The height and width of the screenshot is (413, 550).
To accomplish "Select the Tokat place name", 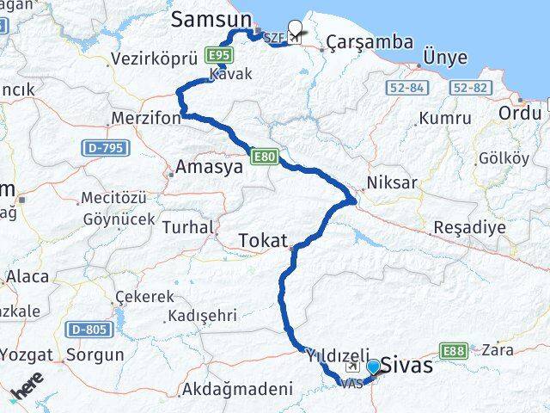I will pos(263,240).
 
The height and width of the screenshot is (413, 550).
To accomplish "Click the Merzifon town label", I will pos(146,118).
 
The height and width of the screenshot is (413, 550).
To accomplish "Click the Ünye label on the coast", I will pos(445,58).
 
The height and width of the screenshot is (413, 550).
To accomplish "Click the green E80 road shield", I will pos(264,156).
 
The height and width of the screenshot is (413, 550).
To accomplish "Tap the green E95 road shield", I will pos(219,54).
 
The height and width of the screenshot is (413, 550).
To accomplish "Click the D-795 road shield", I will pos(101,148).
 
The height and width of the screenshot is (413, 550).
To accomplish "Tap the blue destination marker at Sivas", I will pos(373,367).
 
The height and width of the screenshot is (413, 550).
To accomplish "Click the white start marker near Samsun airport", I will pos(297,28).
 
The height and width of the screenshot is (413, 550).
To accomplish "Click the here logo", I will pos(27,391).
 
